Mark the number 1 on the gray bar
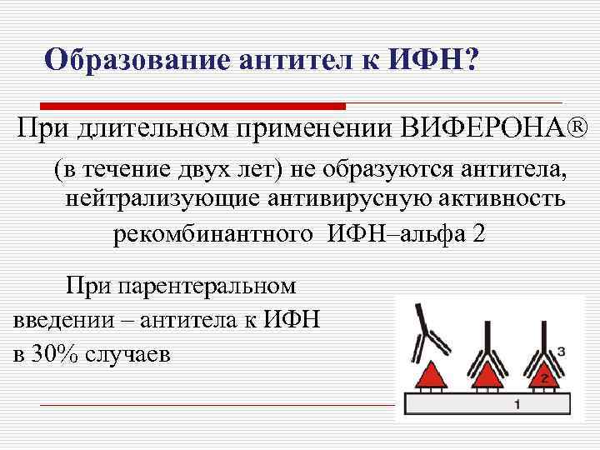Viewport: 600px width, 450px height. point(517,404)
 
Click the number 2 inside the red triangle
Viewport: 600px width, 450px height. point(542,378)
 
